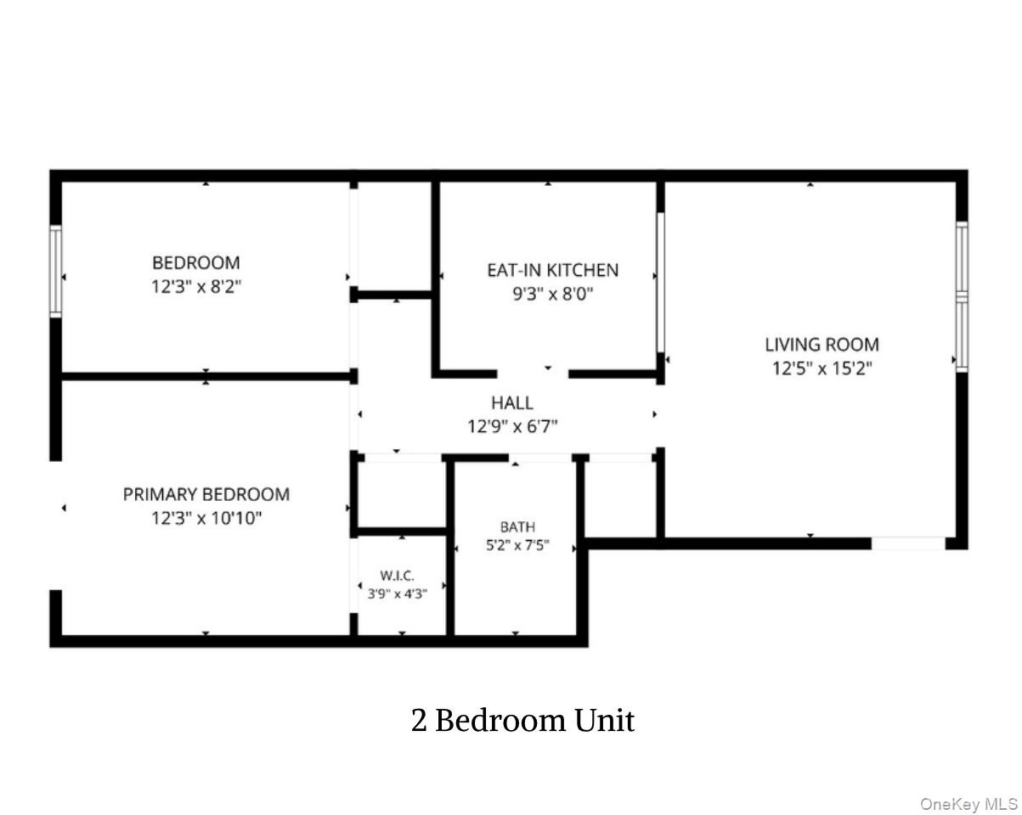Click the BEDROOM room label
(195, 262)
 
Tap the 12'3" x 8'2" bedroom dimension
(196, 287)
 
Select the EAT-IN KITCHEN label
(553, 270)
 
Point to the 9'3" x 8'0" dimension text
(553, 295)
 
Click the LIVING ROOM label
(822, 345)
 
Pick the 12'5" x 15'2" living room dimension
(822, 368)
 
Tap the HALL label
(512, 403)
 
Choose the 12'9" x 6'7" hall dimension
(512, 426)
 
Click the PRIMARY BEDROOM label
(206, 495)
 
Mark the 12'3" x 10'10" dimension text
(206, 518)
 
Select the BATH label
(517, 527)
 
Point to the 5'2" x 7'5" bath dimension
(517, 545)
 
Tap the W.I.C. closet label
(397, 576)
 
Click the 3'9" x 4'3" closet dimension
(397, 593)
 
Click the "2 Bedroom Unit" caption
(522, 721)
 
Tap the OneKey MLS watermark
(968, 790)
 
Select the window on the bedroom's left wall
(55, 271)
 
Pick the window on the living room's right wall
(962, 296)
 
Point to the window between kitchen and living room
(660, 283)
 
